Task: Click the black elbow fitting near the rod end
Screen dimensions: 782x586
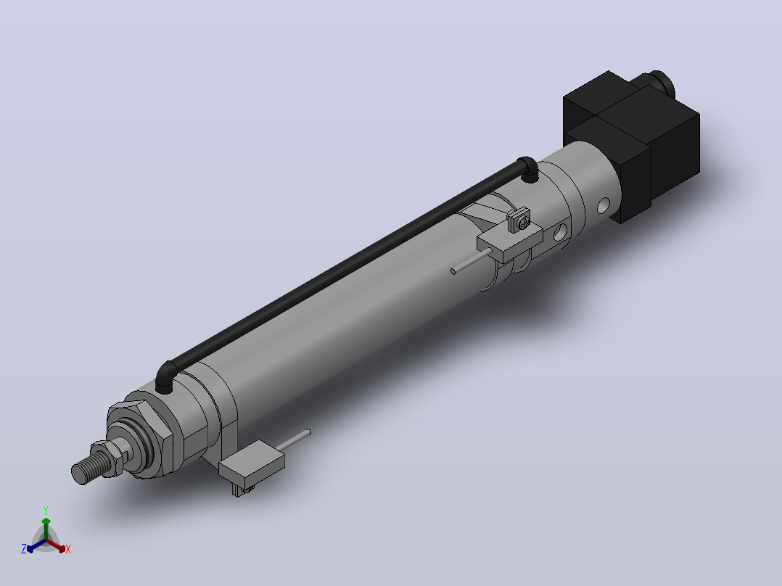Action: (165, 378)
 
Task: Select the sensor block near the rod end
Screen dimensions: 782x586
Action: (251, 463)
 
